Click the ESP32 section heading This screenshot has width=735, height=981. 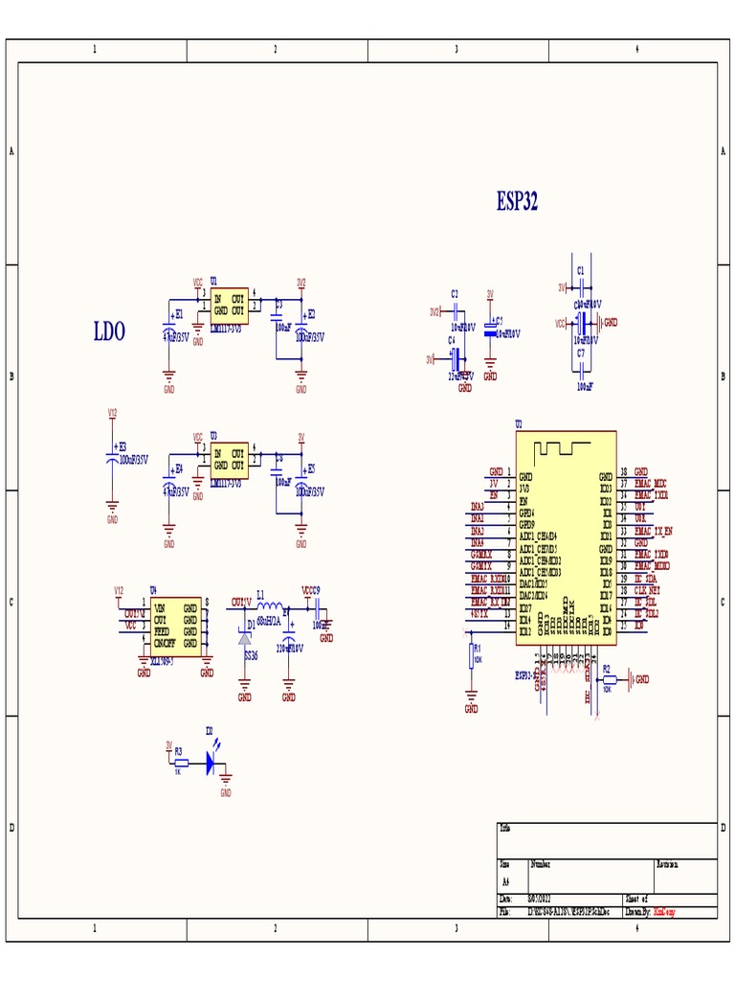(517, 201)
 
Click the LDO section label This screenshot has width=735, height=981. (109, 332)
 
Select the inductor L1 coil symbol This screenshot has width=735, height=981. (271, 606)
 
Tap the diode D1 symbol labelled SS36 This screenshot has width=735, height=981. (245, 638)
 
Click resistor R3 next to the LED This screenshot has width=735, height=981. (181, 763)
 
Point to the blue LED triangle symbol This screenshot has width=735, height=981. (211, 762)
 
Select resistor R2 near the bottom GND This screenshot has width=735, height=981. (608, 679)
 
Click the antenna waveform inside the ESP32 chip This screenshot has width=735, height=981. (565, 447)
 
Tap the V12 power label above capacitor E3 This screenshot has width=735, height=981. (112, 414)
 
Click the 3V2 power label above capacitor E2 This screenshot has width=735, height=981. (301, 284)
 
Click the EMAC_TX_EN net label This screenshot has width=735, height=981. (654, 531)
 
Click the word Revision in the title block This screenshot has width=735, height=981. (668, 864)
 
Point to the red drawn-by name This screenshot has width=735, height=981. (664, 913)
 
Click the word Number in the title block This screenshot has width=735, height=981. (541, 864)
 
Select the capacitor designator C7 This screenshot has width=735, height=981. (581, 354)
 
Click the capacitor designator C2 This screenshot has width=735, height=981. (455, 293)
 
